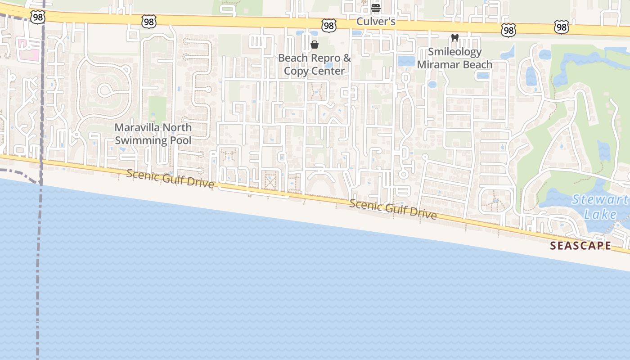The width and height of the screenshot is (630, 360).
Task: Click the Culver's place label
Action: click(x=376, y=21)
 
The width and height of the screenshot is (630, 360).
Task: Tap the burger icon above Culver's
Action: click(x=376, y=8)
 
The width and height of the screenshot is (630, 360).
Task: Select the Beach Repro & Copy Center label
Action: click(x=314, y=64)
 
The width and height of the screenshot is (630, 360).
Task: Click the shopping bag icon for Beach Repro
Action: click(x=315, y=45)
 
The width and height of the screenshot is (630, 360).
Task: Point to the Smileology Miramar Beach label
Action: click(x=454, y=58)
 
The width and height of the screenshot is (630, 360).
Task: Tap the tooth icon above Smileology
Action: click(x=454, y=38)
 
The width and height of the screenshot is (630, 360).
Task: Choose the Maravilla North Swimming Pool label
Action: click(x=153, y=134)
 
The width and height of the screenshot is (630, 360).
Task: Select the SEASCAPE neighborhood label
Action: click(x=580, y=246)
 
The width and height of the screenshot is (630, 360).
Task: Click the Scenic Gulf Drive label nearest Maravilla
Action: click(x=170, y=179)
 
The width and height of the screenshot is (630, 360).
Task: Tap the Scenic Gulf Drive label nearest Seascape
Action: click(x=393, y=209)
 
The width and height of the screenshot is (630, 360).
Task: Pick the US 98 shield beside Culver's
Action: click(x=329, y=26)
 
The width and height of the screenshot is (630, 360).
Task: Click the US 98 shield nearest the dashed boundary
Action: click(x=38, y=17)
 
